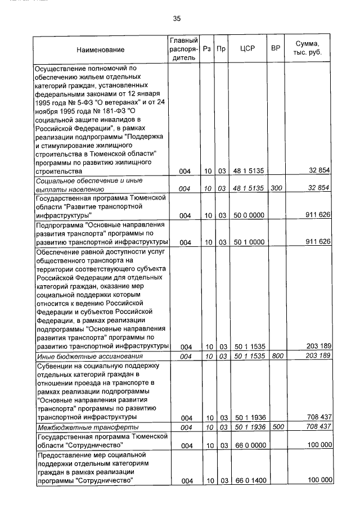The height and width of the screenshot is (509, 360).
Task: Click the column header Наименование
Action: (101, 50)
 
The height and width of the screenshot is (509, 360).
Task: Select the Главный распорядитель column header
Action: (183, 49)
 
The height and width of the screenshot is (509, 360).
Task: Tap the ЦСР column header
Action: (247, 49)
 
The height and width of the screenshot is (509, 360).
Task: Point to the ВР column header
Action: (276, 49)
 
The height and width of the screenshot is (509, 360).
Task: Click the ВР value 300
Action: (276, 189)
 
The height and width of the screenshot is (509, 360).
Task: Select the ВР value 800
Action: (276, 357)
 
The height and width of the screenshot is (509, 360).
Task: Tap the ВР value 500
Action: (276, 427)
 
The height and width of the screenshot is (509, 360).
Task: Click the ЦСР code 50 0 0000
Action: (247, 215)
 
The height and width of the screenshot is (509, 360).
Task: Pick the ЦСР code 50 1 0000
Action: (247, 242)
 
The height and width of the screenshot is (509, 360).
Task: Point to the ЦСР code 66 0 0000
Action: (247, 445)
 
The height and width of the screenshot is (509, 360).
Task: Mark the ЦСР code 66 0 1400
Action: (247, 480)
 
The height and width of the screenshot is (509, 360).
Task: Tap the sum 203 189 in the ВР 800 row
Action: (318, 357)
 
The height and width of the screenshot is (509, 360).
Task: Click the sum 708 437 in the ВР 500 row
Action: (318, 427)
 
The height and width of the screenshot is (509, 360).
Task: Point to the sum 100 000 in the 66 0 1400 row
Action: (318, 480)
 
